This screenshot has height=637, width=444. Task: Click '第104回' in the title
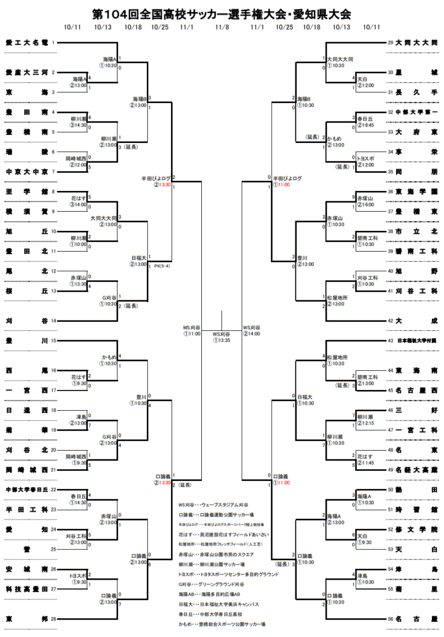coord(118,14)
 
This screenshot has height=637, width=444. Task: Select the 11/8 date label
coord(221,27)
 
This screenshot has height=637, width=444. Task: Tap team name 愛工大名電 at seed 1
coord(27,42)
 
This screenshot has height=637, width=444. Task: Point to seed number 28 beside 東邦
coord(53,619)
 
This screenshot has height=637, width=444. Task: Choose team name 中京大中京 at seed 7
coord(27,172)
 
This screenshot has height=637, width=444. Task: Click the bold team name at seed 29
coord(416,43)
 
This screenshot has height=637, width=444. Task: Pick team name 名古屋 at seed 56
coord(416,619)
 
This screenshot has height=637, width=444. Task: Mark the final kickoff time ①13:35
coord(221,340)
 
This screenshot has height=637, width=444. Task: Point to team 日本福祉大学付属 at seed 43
coord(416,341)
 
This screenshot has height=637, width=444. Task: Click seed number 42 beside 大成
coord(391,321)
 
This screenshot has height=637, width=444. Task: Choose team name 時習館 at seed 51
coord(416,510)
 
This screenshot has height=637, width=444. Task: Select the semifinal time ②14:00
coord(251,334)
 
